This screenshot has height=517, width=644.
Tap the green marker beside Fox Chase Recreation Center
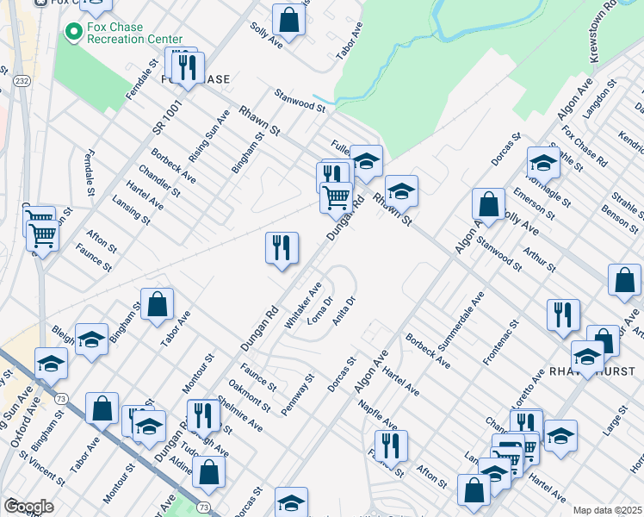tap(73, 34)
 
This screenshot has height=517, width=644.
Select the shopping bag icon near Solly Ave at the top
tap(289, 20)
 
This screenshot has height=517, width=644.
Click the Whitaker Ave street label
tap(303, 303)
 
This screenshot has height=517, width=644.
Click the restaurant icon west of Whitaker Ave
tap(282, 248)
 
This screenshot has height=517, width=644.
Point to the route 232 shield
tap(22, 80)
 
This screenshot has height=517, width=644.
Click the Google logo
tap(28, 507)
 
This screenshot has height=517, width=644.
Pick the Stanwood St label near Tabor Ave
tap(299, 100)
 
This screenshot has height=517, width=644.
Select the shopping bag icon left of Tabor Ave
tap(158, 305)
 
